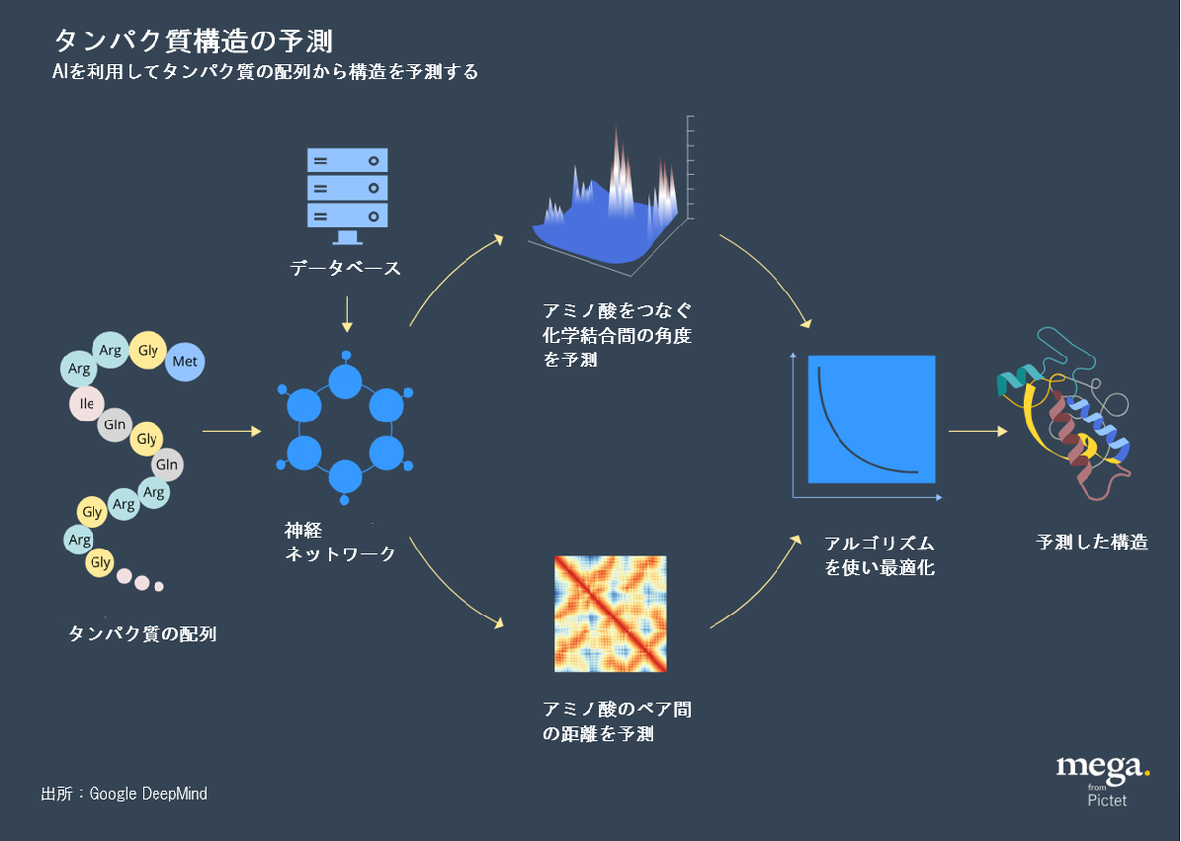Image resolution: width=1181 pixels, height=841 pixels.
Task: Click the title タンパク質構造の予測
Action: (x=193, y=40)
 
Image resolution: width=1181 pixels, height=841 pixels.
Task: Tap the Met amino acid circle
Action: (x=184, y=361)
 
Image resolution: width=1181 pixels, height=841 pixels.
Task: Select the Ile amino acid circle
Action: (x=87, y=403)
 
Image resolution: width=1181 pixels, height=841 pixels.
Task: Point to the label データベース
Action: (x=345, y=268)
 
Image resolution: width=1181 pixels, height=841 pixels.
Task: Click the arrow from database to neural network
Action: (x=345, y=312)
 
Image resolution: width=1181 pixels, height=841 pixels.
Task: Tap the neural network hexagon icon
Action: (x=344, y=429)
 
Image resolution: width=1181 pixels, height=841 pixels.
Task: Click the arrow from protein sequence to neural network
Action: (x=231, y=431)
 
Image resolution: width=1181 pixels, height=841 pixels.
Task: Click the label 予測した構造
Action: (x=1091, y=542)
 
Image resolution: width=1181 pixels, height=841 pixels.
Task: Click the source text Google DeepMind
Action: (x=124, y=793)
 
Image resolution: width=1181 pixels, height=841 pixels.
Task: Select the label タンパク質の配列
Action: (x=142, y=634)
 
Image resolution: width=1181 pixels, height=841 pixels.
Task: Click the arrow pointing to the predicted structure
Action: (x=977, y=431)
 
